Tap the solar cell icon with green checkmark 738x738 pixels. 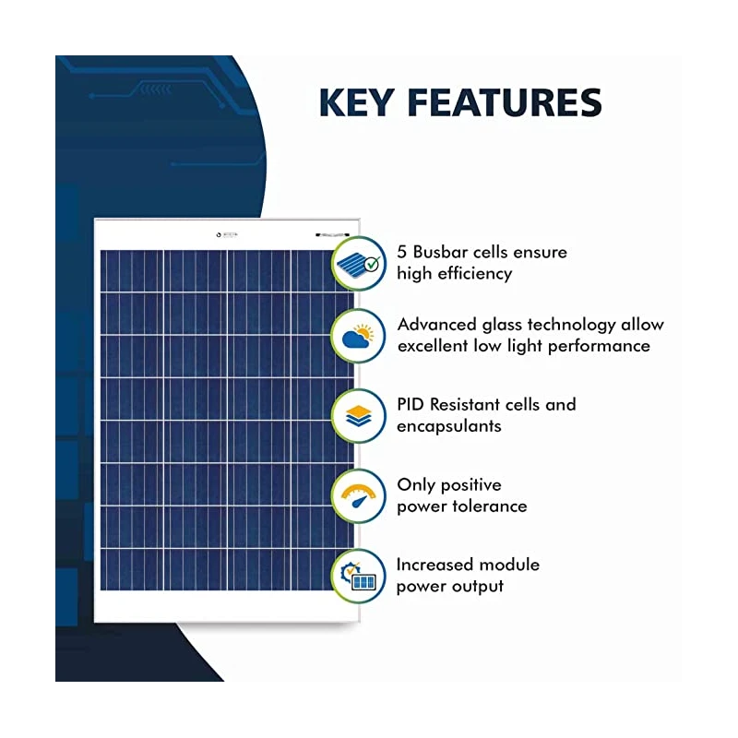[x=358, y=263]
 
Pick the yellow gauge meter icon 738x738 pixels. [x=358, y=496]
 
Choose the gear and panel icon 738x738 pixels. [x=358, y=576]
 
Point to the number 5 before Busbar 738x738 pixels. [x=402, y=252]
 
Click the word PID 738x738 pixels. [x=412, y=404]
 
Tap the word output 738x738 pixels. [x=477, y=586]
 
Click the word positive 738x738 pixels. [x=469, y=484]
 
